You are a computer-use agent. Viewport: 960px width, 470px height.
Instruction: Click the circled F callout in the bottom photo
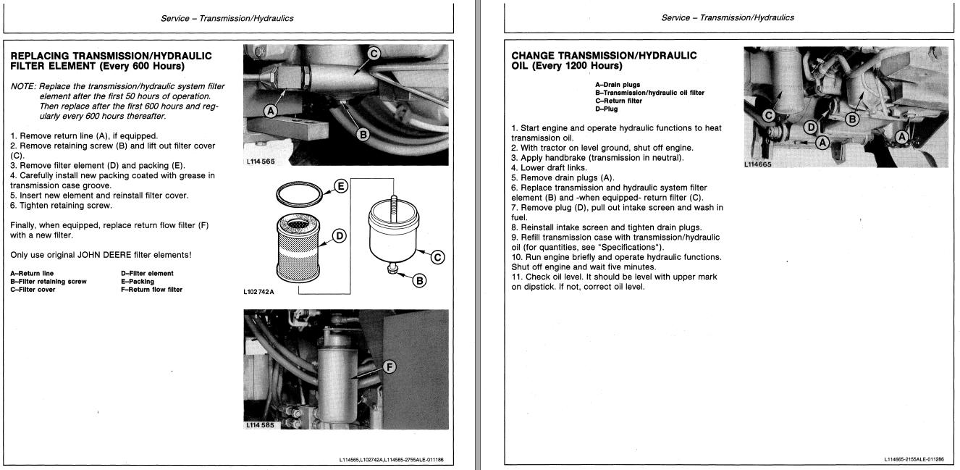[390, 367]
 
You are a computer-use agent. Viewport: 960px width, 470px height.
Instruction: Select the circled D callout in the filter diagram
[338, 236]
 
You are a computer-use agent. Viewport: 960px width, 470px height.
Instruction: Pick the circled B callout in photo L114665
[853, 117]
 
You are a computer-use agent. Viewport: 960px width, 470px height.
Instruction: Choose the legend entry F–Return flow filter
[151, 290]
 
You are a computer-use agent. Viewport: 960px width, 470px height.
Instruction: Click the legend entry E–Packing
[137, 282]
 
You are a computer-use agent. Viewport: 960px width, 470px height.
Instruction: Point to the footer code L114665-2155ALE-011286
[913, 459]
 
